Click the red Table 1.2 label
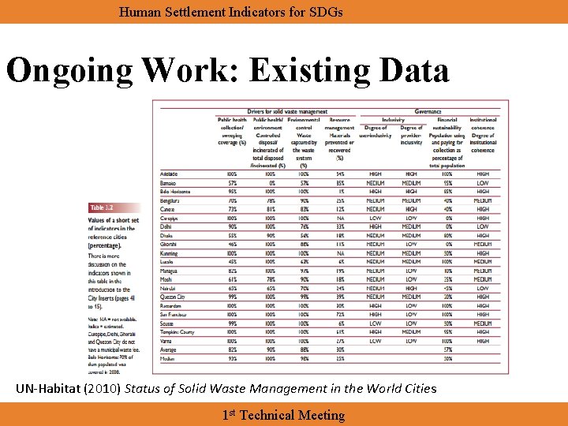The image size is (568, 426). (105, 207)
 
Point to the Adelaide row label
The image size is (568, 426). (169, 174)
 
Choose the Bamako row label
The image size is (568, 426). (168, 182)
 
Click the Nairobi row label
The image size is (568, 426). (167, 288)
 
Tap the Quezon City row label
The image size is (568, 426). (173, 297)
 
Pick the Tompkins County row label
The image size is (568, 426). (177, 332)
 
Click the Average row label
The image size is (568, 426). (168, 349)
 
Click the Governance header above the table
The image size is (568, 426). (428, 112)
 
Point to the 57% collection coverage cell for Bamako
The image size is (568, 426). (232, 182)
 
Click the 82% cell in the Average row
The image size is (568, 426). (232, 349)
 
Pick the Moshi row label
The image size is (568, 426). (166, 279)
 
